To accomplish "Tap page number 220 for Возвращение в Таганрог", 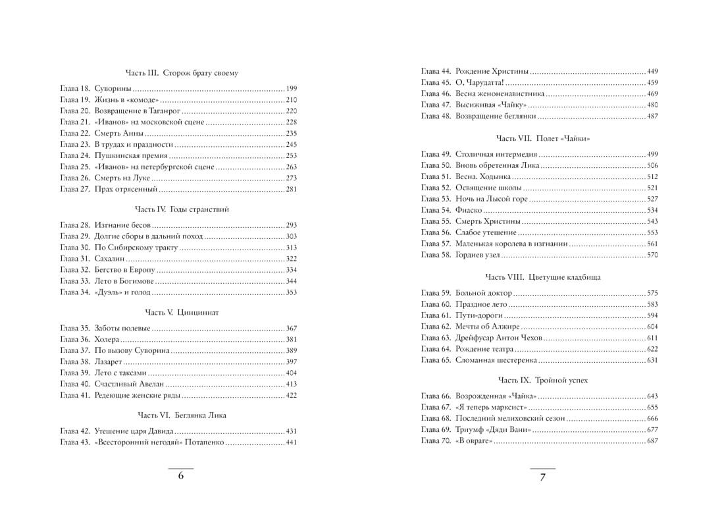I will tap(292, 111).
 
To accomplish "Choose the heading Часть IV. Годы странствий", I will tap(180, 209).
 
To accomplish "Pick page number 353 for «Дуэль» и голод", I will tap(292, 292).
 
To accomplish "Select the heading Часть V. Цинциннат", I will tap(180, 312).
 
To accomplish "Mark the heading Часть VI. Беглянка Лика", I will tap(180, 415).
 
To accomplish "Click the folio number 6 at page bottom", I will tap(180, 477).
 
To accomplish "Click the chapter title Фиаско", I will tap(468, 210).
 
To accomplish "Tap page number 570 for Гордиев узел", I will tap(652, 254).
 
